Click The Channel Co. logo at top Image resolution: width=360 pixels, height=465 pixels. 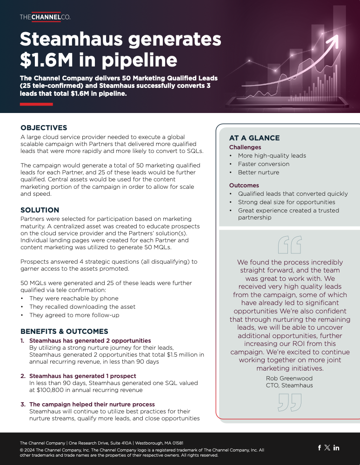(45, 17)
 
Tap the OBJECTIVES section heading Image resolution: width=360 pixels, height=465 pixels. (44, 128)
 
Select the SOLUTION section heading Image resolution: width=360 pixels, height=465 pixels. (40, 210)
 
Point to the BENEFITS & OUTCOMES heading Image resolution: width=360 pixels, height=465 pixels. (64, 332)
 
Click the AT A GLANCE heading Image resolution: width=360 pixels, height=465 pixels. (254, 138)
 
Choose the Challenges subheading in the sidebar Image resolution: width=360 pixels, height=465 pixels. (245, 147)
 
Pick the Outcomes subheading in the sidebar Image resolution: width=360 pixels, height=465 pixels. (244, 186)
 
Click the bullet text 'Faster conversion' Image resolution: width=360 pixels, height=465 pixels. (263, 164)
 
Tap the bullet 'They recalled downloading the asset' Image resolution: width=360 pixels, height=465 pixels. (82, 307)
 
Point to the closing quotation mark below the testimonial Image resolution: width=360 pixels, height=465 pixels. (289, 402)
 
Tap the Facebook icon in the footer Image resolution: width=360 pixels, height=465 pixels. (320, 448)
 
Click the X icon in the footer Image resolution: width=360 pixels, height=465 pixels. (327, 448)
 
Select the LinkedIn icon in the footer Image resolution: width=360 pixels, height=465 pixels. (336, 448)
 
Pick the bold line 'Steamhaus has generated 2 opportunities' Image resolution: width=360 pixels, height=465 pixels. (90, 341)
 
